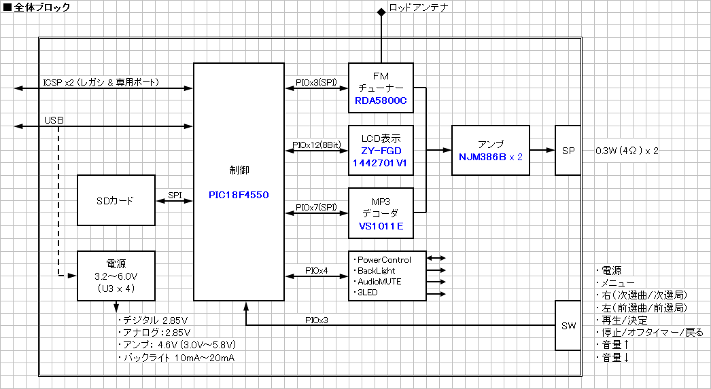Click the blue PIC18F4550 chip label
[239, 195]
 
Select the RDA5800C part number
[381, 101]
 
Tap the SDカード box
[116, 200]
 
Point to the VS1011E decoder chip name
[381, 226]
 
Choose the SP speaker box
[568, 150]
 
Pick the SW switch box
[568, 326]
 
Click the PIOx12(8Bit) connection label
[316, 145]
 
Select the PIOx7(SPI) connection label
[316, 207]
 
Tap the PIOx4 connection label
[316, 270]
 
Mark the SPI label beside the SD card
[175, 195]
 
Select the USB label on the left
[54, 119]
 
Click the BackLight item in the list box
[377, 270]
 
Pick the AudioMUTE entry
[379, 281]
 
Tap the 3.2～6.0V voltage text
[116, 276]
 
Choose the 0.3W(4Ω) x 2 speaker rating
[626, 151]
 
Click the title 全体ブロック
[41, 7]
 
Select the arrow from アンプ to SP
[542, 150]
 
